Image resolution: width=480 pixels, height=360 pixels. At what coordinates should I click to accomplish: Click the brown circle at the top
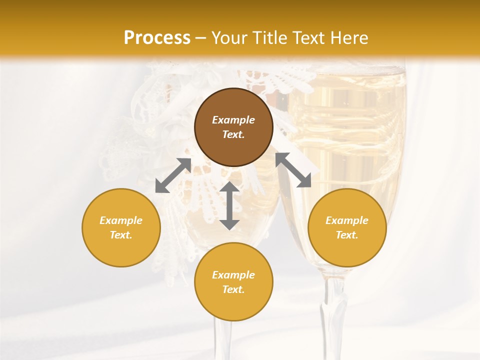[233, 127]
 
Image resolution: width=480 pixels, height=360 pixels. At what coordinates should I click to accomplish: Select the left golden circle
[121, 227]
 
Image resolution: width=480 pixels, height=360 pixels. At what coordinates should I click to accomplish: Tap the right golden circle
[347, 227]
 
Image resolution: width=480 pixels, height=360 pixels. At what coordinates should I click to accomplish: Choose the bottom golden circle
[233, 282]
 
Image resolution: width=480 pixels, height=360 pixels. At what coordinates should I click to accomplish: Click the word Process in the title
[157, 38]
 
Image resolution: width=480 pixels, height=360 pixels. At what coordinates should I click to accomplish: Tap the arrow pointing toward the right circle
[293, 170]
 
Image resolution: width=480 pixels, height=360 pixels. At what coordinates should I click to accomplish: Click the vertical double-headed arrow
[229, 205]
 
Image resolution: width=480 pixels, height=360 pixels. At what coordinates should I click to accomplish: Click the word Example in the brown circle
[233, 120]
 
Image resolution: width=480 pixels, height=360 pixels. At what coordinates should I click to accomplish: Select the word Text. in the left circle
[121, 235]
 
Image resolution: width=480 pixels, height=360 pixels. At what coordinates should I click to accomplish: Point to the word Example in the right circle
[347, 220]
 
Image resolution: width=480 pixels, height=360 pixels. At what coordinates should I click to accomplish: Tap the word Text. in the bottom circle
[233, 289]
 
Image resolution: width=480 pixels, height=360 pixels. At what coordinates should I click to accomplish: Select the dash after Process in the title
[201, 38]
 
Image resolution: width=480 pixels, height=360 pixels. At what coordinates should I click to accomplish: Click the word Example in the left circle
[121, 220]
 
